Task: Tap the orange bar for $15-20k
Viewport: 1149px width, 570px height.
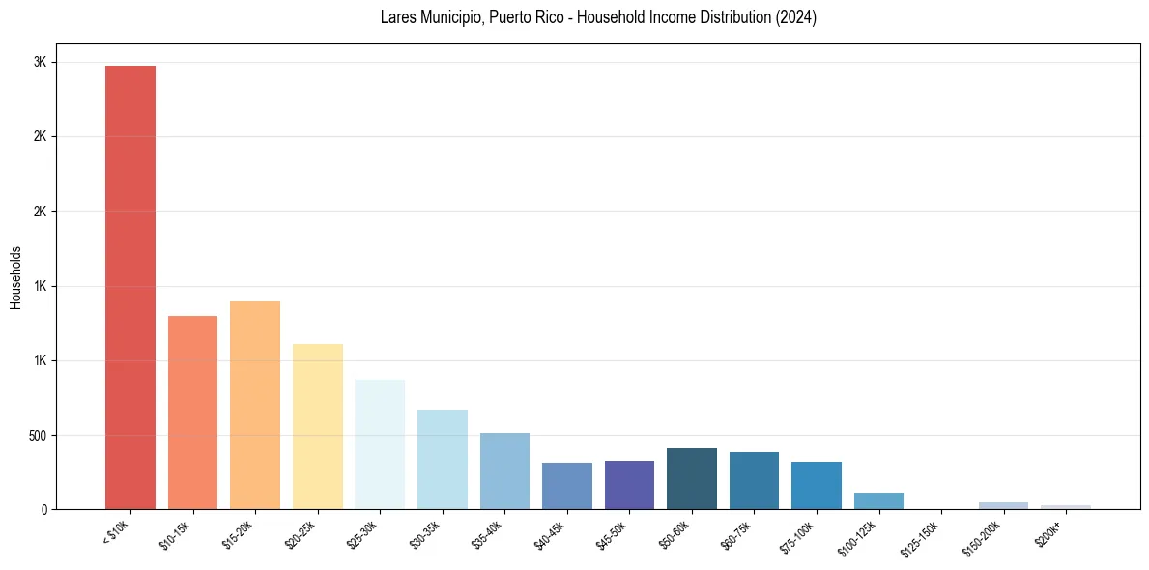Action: pyautogui.click(x=255, y=405)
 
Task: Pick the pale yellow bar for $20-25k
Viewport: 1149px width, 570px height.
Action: pyautogui.click(x=317, y=426)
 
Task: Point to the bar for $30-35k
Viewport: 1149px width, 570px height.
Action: pyautogui.click(x=442, y=459)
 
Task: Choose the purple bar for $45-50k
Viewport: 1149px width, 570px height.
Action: pyautogui.click(x=629, y=485)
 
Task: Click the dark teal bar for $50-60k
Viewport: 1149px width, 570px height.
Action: pyautogui.click(x=692, y=478)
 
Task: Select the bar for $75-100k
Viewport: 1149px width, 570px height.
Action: pyautogui.click(x=817, y=485)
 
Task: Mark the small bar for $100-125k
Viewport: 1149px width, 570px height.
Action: pyautogui.click(x=878, y=500)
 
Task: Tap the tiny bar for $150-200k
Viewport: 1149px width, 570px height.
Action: pyautogui.click(x=1003, y=505)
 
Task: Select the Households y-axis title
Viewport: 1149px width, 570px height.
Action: pyautogui.click(x=15, y=277)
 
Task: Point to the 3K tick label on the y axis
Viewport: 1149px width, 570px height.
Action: pyautogui.click(x=40, y=62)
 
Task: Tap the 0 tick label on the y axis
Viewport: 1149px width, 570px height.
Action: pyautogui.click(x=43, y=509)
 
